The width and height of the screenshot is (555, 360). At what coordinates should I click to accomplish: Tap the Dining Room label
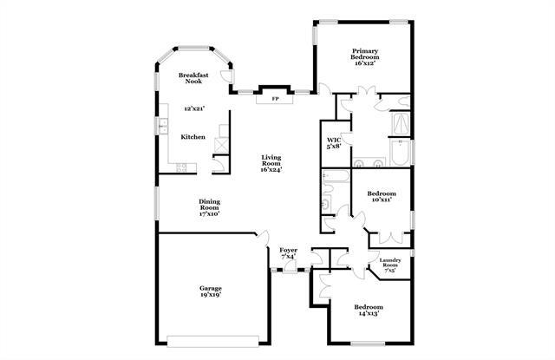click(x=210, y=206)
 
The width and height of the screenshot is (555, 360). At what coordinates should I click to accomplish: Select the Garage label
click(x=211, y=288)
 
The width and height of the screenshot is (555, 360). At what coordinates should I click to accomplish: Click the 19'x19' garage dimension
click(x=211, y=296)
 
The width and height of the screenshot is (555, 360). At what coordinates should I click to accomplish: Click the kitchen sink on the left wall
click(x=162, y=128)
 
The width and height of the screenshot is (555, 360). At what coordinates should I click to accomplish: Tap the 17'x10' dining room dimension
click(x=210, y=213)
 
